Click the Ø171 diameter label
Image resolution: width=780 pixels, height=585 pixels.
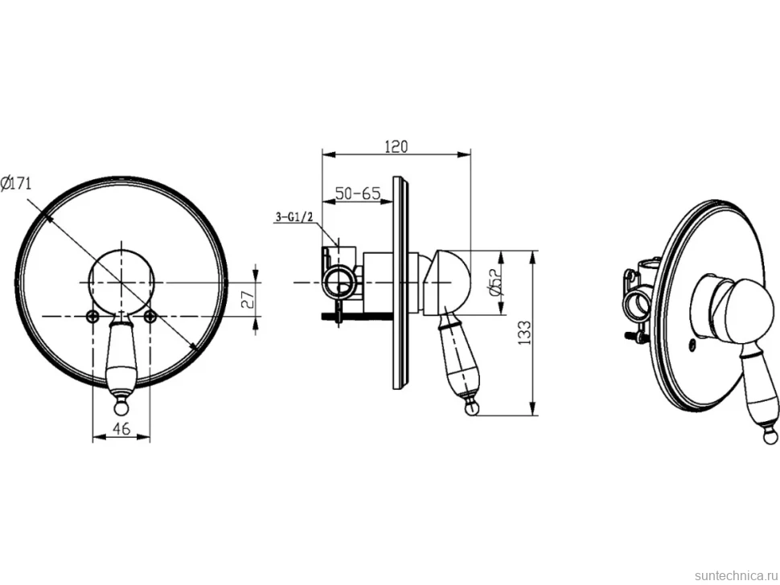[x=16, y=183]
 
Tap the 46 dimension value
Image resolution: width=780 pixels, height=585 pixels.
[x=121, y=428]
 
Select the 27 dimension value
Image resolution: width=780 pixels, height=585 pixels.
[x=248, y=298]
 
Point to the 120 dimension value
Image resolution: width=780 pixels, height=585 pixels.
[x=396, y=146]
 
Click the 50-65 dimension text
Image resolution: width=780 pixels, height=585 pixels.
[x=357, y=193]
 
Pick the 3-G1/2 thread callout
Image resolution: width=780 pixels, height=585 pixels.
[x=294, y=217]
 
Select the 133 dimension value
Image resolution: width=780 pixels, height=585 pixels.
[x=523, y=333]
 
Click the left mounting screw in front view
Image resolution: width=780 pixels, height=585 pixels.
[x=92, y=316]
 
